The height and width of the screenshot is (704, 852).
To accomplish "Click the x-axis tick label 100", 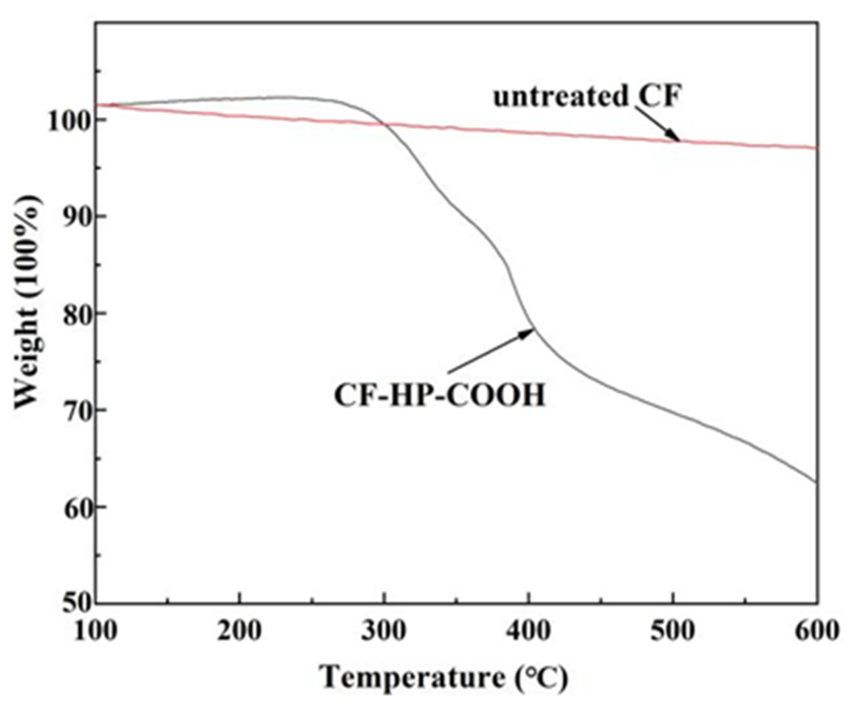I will tap(95, 631).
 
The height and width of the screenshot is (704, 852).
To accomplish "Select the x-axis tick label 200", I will tap(239, 631).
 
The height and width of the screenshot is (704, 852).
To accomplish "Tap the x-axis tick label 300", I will tap(384, 631).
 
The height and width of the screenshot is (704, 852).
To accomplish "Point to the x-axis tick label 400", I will tap(529, 631).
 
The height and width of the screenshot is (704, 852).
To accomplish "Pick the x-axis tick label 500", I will tap(673, 631).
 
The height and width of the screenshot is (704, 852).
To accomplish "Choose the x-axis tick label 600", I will tap(817, 631).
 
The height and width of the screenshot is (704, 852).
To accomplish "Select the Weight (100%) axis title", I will tap(29, 302).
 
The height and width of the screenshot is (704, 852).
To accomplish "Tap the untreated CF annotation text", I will tap(587, 97).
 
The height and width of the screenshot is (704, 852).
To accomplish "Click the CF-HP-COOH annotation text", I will tap(439, 396).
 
